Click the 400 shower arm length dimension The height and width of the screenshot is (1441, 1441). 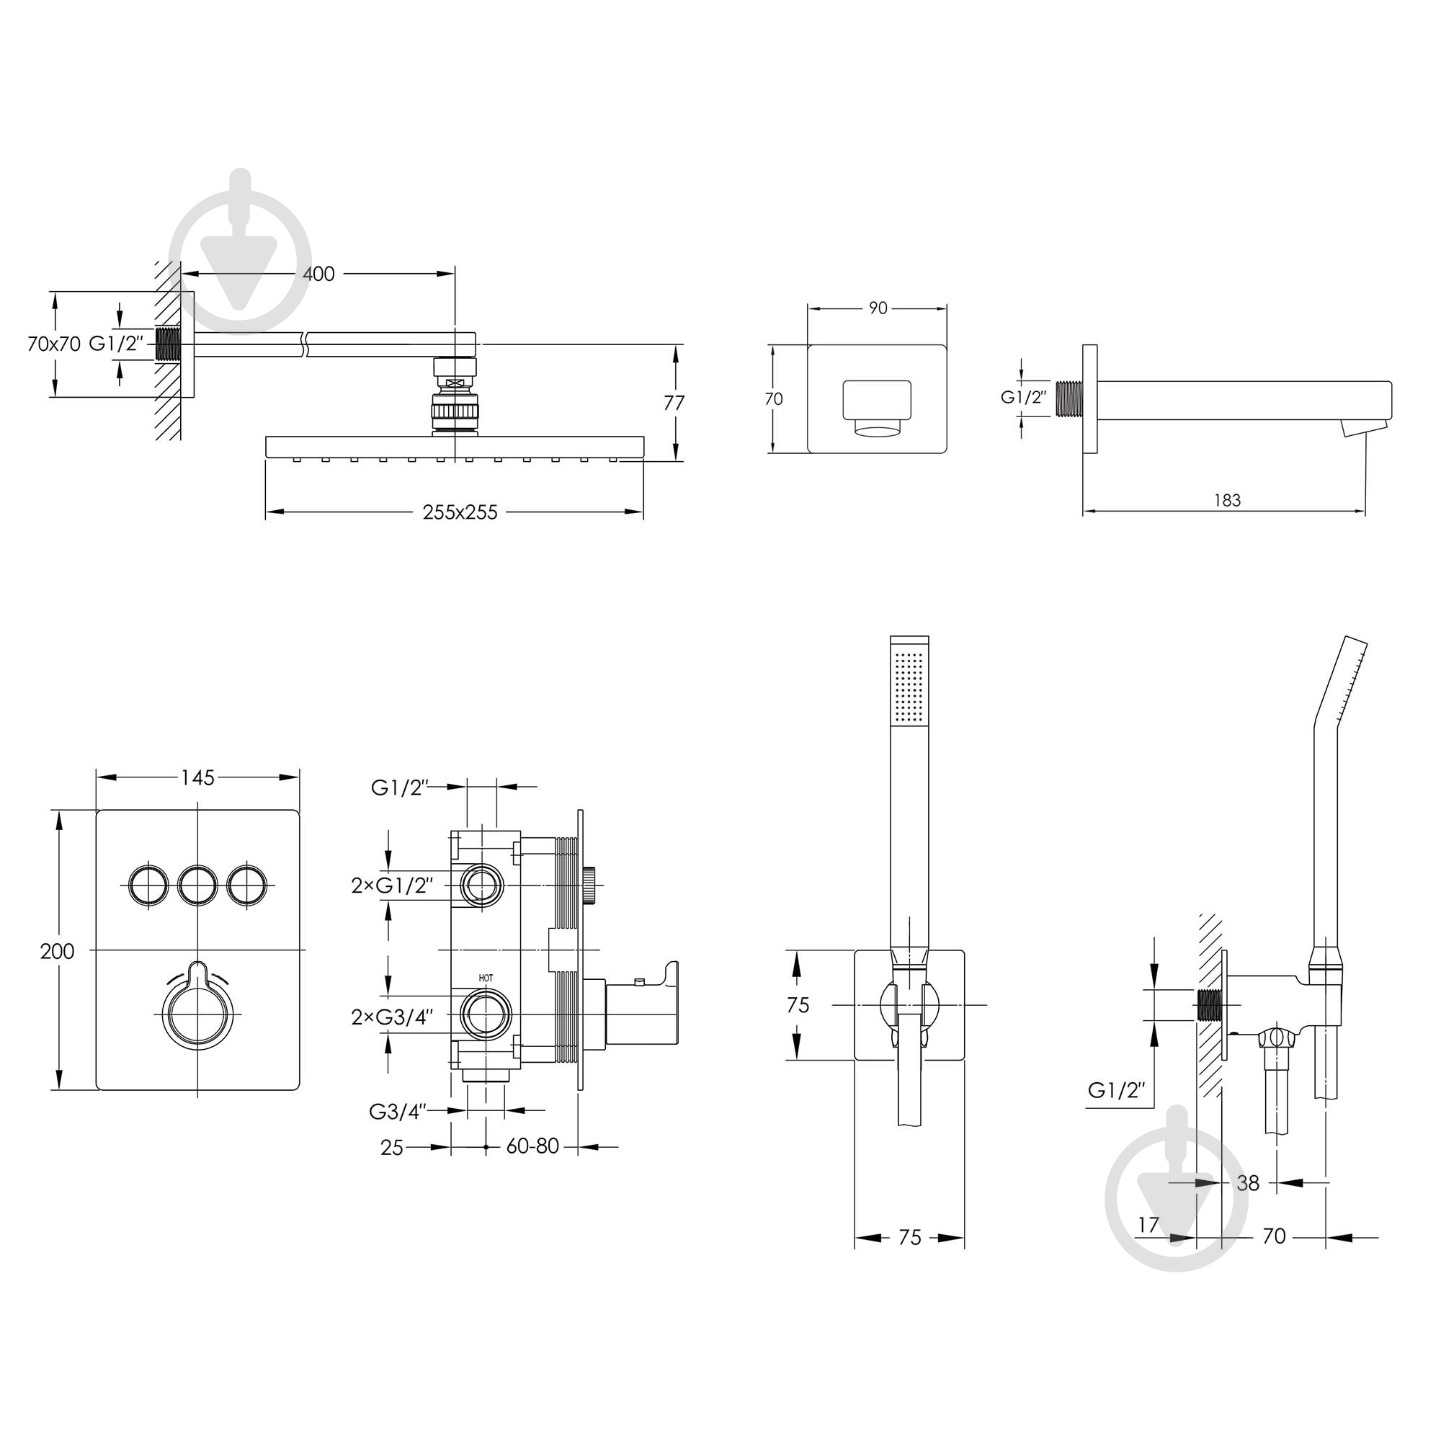(318, 274)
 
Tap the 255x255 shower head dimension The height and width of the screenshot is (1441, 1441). (460, 512)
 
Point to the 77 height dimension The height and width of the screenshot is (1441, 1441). (674, 403)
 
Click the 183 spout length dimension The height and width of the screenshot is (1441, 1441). (1227, 501)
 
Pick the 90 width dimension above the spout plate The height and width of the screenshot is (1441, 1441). (878, 308)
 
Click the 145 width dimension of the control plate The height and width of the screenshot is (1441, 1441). (197, 778)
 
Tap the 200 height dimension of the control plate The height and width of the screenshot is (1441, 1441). (58, 951)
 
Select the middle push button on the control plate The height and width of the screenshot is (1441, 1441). (197, 885)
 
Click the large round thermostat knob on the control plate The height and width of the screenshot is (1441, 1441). (197, 1016)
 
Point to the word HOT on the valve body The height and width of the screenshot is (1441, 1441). (486, 978)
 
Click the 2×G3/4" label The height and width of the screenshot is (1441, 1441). (391, 1017)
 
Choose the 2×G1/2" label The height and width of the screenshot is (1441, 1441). (391, 885)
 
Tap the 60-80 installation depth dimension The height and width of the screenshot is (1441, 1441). (532, 1146)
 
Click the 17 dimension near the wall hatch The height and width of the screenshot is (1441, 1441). (1148, 1246)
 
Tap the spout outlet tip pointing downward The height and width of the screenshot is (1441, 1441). (1362, 427)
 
